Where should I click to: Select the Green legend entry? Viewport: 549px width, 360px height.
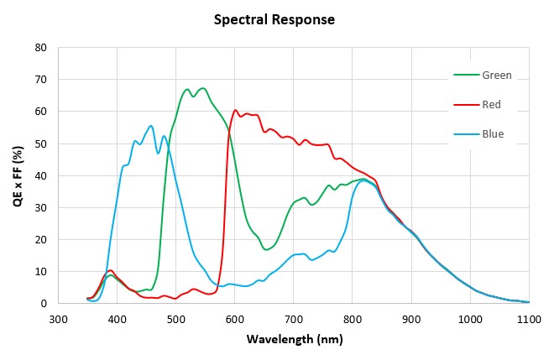coord(496,75)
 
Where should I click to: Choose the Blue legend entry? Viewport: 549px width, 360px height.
coord(494,133)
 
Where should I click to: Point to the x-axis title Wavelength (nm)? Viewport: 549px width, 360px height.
coord(295,340)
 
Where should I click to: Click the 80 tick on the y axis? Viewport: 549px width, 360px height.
coord(39,47)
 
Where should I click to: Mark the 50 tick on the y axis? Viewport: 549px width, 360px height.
coord(39,143)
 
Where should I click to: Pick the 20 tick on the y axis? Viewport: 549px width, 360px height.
coord(39,239)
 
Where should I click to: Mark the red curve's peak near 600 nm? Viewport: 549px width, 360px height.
coord(235,110)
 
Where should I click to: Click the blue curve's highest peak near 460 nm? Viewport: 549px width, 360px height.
coord(151,126)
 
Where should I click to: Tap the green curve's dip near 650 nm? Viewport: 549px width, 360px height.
coord(266,249)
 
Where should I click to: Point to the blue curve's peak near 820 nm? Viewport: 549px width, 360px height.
coord(363,180)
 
